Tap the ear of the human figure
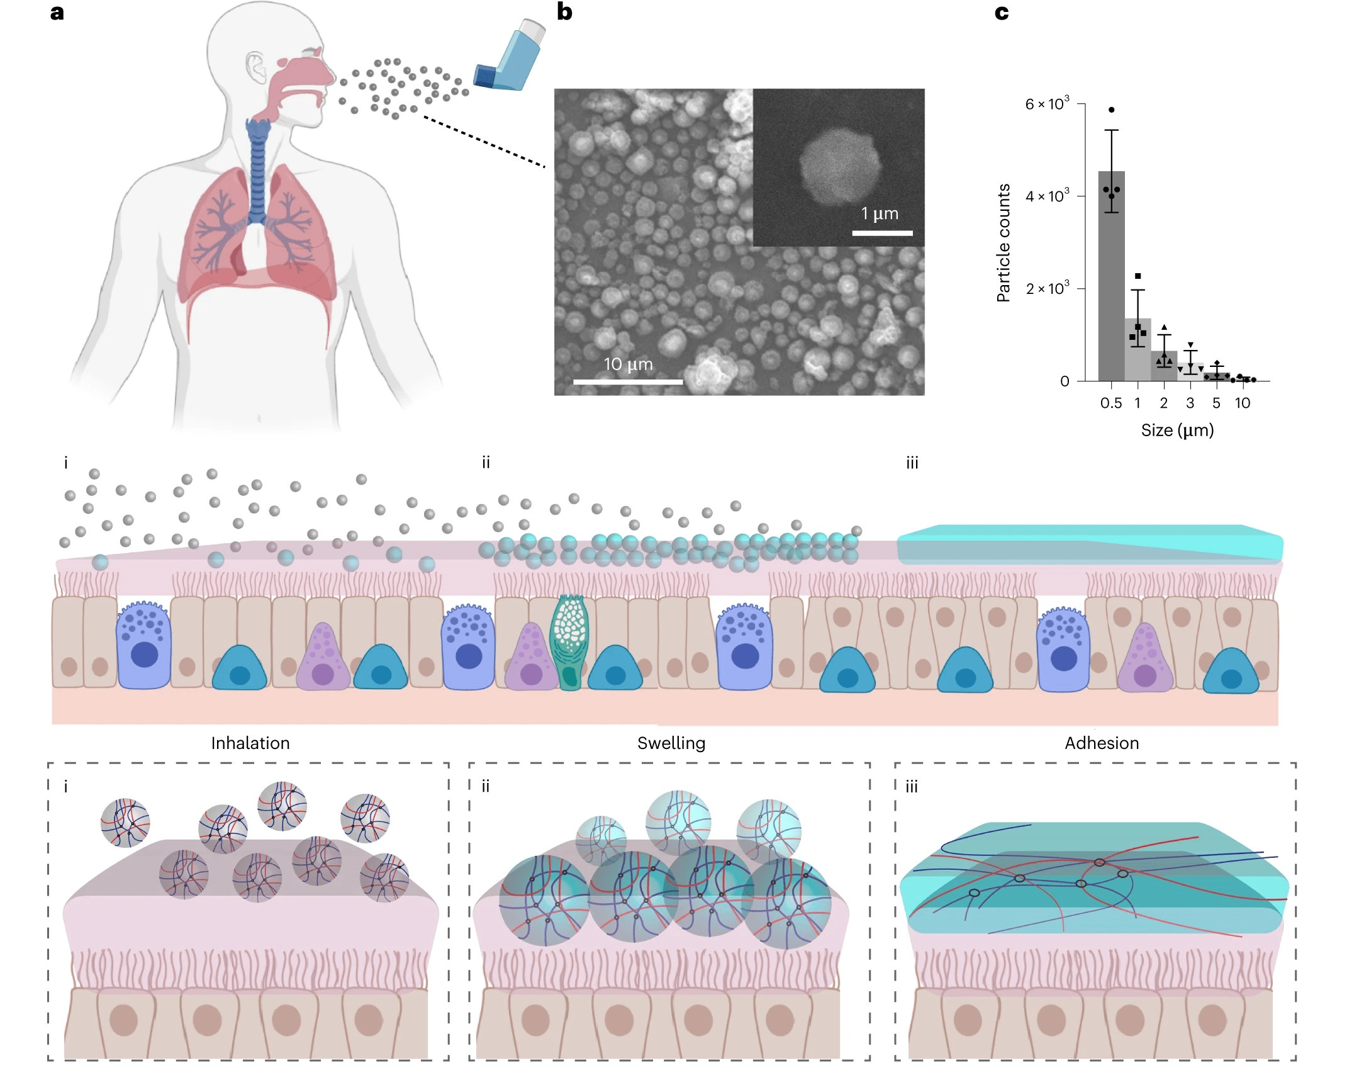(255, 67)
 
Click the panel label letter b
(564, 12)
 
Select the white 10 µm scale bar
(628, 381)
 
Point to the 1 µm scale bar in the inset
(882, 233)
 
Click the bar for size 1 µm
(1138, 349)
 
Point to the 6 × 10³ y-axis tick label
(1047, 104)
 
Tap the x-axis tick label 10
(1242, 403)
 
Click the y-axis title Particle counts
(1003, 243)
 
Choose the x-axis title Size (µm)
(1177, 431)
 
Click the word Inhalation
(250, 743)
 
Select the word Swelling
(671, 743)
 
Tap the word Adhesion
(1102, 743)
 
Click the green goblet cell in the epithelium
(569, 642)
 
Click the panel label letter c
(1002, 12)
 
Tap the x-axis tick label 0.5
(1111, 403)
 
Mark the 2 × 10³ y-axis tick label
(1047, 289)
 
